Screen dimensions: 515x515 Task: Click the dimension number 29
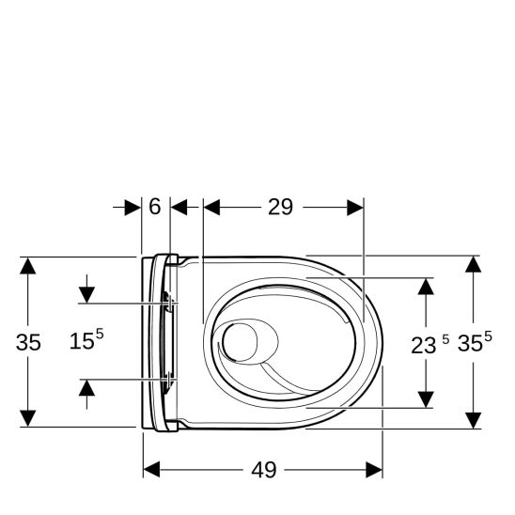click(x=280, y=207)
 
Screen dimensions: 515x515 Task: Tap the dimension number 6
click(x=155, y=207)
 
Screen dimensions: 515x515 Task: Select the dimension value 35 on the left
click(x=29, y=343)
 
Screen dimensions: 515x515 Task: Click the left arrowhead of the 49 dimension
click(x=151, y=468)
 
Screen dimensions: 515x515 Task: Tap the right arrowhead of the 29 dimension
click(x=354, y=207)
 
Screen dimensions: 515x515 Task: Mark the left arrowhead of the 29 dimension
click(x=211, y=207)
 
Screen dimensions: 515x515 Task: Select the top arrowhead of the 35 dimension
click(x=29, y=265)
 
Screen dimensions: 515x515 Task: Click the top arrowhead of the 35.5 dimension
click(x=475, y=264)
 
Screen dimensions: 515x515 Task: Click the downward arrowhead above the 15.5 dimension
click(x=86, y=294)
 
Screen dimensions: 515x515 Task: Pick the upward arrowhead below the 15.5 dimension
click(x=86, y=388)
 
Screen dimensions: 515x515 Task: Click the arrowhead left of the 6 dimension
click(x=133, y=207)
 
